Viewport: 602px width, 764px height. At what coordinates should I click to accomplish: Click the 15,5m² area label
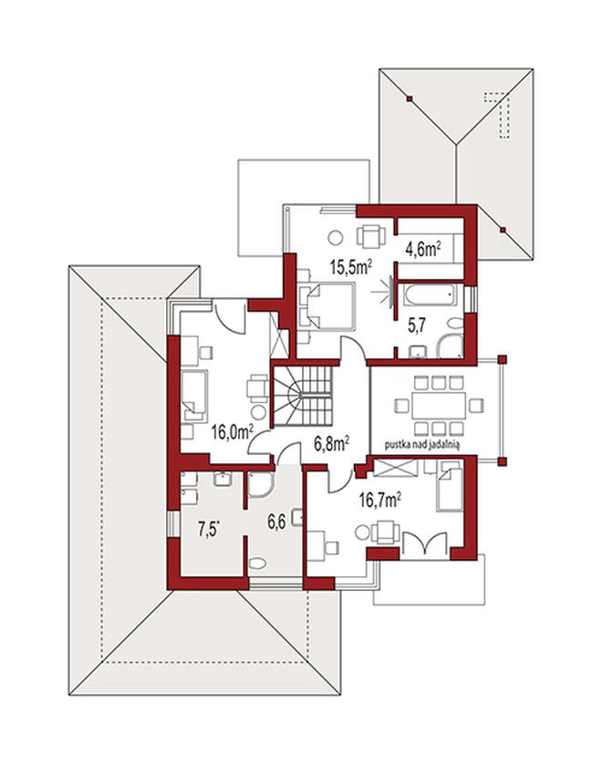[x=351, y=266]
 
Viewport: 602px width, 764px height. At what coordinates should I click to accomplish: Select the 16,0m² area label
[x=232, y=431]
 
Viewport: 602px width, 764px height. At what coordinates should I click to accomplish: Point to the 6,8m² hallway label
[x=331, y=443]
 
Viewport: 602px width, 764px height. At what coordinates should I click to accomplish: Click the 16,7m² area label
[x=379, y=499]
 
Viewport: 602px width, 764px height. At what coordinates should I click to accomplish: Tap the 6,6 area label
[x=275, y=522]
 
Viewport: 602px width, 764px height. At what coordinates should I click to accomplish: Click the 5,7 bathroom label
[x=417, y=325]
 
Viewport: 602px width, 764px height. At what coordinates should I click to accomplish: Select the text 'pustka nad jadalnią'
[x=422, y=444]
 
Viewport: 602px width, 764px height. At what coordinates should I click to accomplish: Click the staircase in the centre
[x=302, y=396]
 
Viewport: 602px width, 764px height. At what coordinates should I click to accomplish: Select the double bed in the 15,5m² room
[x=327, y=306]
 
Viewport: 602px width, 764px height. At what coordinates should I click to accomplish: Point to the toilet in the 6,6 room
[x=256, y=563]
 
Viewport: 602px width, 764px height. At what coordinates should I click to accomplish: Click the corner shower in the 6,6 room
[x=260, y=483]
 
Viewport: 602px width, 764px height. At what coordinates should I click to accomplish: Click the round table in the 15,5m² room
[x=336, y=237]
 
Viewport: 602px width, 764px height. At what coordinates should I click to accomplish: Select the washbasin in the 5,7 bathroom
[x=418, y=351]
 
